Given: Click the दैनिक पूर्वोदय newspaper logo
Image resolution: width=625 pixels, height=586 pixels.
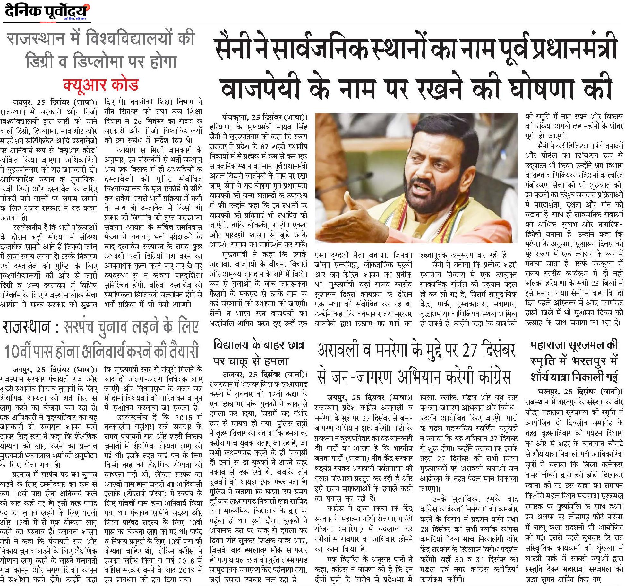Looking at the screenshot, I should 47,12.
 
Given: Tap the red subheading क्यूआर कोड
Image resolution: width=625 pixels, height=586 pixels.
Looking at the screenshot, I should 100,84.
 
